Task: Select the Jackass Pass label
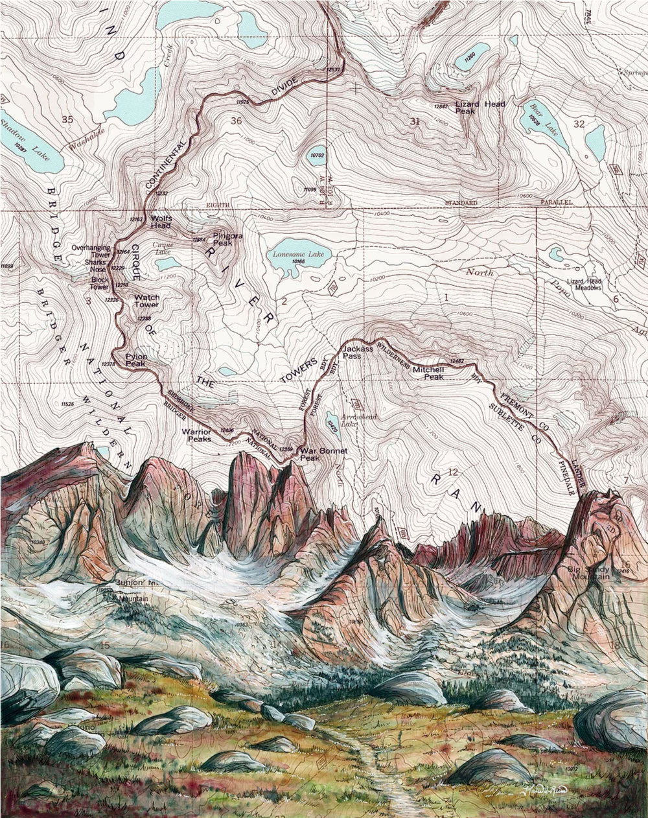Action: pyautogui.click(x=357, y=352)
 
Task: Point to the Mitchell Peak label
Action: pyautogui.click(x=428, y=373)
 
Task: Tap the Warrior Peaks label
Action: pyautogui.click(x=196, y=435)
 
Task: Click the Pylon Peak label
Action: pyautogui.click(x=136, y=360)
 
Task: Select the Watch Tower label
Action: pyautogui.click(x=146, y=301)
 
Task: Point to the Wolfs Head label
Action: pyautogui.click(x=161, y=222)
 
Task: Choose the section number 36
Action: pyautogui.click(x=235, y=121)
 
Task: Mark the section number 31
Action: pyautogui.click(x=415, y=121)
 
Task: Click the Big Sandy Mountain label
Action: pyautogui.click(x=590, y=572)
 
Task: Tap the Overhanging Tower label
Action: pyautogui.click(x=91, y=251)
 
